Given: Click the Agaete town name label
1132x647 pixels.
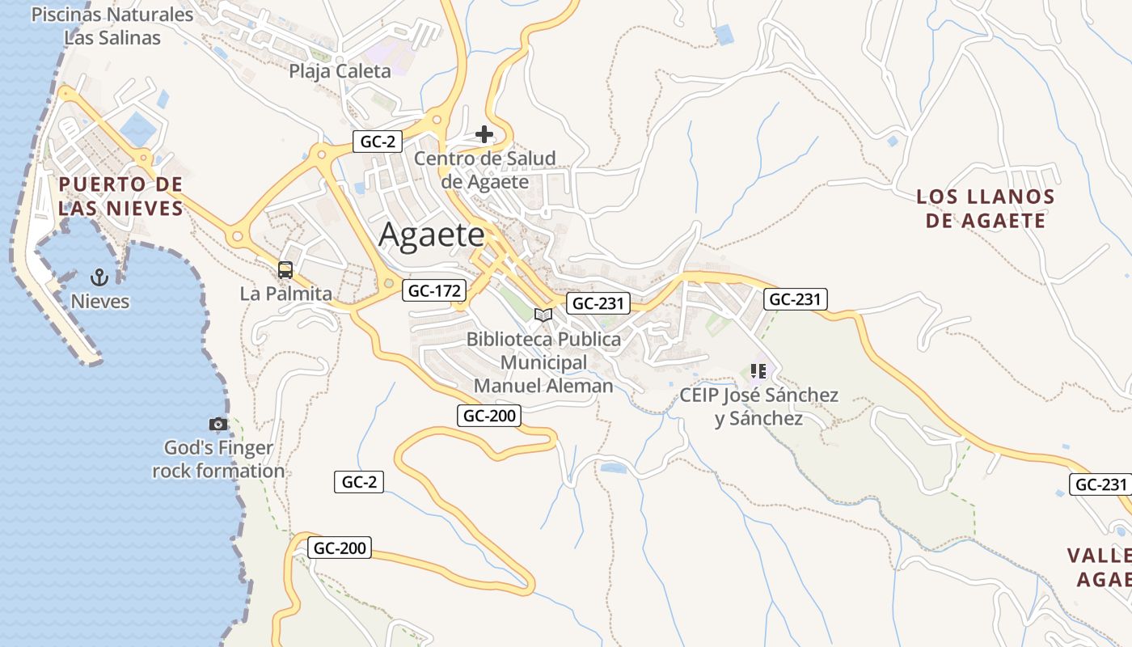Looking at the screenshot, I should point(432,235).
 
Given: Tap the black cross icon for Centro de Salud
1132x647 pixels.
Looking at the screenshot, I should point(484,134).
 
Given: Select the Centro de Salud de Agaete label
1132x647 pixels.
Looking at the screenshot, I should point(485,170).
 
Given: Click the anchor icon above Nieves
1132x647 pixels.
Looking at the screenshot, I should point(99,277).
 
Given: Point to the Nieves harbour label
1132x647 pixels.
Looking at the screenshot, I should point(99,302).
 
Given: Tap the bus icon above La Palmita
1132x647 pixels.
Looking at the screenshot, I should point(285,270).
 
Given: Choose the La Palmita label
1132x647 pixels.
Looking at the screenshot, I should point(285,294).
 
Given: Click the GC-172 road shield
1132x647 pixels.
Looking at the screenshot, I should point(435,291).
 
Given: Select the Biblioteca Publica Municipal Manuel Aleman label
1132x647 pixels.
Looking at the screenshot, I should point(543,362).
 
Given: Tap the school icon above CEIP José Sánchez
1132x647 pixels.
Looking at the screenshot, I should point(758,371).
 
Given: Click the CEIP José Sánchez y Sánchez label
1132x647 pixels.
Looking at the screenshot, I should point(758,407).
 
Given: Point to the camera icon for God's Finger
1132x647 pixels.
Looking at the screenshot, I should point(218,424).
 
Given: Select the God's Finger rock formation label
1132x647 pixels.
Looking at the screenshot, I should point(218,459).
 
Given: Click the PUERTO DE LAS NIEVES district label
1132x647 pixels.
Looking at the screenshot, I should point(120,197).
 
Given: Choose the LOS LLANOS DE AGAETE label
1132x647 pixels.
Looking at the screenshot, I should point(986,209).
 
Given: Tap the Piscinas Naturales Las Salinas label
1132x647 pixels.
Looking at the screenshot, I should point(112,26).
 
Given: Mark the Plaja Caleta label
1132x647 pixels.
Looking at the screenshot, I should point(340,71).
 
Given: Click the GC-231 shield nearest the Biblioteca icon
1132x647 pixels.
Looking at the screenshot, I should point(598,303).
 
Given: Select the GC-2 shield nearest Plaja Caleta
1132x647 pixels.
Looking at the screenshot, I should point(378,142).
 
